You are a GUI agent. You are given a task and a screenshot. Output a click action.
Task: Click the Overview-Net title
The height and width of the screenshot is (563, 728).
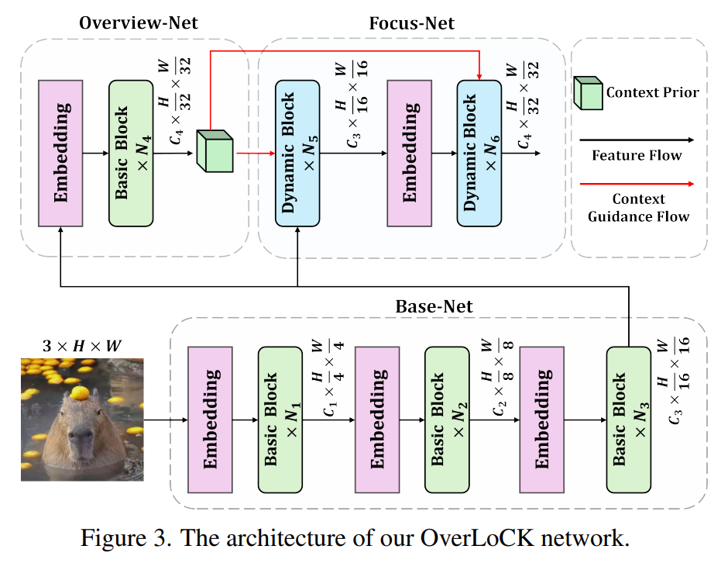coord(139,22)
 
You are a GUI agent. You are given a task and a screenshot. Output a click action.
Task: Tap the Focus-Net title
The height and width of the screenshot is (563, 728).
coord(411,23)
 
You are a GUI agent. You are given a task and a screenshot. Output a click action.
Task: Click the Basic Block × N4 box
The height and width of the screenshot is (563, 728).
coord(132,153)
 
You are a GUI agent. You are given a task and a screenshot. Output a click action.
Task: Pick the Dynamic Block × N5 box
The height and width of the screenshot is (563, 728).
coord(297,153)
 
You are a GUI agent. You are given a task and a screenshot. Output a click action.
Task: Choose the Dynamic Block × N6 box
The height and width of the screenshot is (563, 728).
coord(479,153)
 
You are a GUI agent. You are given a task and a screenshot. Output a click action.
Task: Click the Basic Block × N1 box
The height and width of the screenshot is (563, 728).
coord(280,420)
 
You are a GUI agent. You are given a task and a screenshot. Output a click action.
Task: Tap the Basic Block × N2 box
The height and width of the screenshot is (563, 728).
coord(447,420)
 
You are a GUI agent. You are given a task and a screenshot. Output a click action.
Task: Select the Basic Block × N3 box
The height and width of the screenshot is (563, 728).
coord(628,420)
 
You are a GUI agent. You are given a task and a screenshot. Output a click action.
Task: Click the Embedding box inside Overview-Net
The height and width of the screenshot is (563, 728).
coord(60,153)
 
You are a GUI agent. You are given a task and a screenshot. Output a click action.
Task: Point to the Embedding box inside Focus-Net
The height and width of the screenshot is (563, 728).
coord(409,153)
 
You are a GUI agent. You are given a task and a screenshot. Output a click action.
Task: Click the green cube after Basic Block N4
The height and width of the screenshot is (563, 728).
coord(215,150)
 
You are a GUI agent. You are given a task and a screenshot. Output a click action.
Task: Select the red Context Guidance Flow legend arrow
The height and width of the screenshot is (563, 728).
coord(636,184)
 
